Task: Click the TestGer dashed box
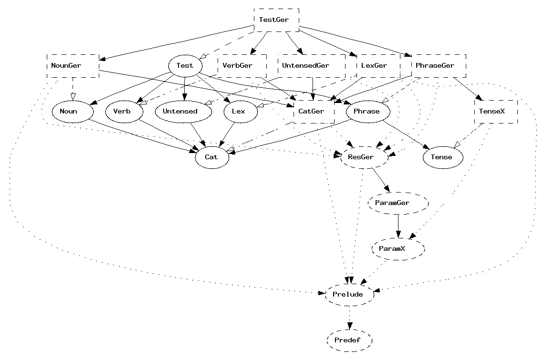[x=276, y=20]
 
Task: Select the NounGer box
[x=73, y=66]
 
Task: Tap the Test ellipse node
[x=185, y=66]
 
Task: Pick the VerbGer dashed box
[x=241, y=66]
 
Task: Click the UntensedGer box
[x=311, y=66]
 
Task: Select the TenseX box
[x=496, y=112]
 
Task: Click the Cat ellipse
[x=212, y=157]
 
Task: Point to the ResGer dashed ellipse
[x=364, y=157]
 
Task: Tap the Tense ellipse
[x=443, y=157]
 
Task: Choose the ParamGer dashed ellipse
[x=398, y=203]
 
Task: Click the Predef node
[x=350, y=340]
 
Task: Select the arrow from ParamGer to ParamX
[x=398, y=225]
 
